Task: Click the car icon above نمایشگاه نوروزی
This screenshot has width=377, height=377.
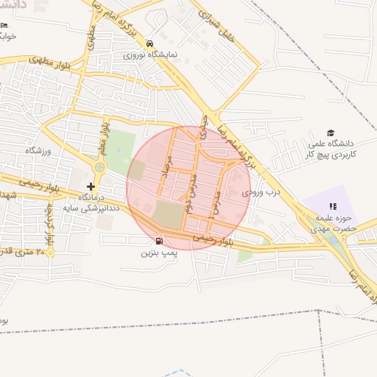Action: click(x=150, y=43)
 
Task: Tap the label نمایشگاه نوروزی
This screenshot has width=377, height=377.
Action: click(x=150, y=54)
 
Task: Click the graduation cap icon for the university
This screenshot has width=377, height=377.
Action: click(x=331, y=133)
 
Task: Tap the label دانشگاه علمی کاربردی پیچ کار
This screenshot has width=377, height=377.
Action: click(x=333, y=149)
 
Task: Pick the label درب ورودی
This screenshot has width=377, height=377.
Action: click(x=263, y=191)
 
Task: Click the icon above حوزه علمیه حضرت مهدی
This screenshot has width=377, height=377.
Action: click(x=332, y=207)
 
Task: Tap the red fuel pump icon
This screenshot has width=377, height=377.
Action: click(x=159, y=241)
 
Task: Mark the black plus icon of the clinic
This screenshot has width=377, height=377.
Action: click(x=91, y=187)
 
